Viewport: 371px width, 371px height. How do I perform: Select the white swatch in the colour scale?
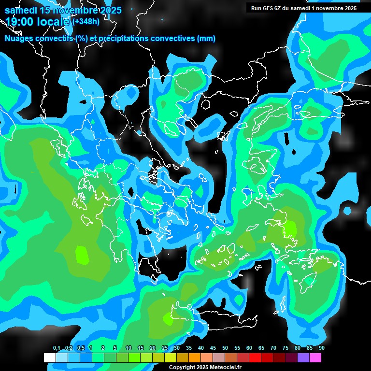pos(50,357)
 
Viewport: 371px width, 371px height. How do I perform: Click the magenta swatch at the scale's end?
pos(315,357)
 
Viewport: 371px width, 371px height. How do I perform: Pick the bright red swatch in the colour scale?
pos(255,357)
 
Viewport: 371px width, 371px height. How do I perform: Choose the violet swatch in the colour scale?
pos(303,357)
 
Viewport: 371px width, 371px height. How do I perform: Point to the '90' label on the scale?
pos(322,348)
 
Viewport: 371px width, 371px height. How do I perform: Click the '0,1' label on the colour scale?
pos(57,348)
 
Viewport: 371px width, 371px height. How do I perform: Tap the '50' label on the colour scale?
pos(225,348)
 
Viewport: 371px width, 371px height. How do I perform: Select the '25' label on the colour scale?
pos(165,348)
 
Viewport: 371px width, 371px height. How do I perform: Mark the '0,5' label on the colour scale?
pos(80,348)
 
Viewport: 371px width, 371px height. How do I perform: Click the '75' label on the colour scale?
pos(285,348)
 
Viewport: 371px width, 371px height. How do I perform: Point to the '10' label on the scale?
pos(128,348)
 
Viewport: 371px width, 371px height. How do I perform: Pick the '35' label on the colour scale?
pos(189,348)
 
